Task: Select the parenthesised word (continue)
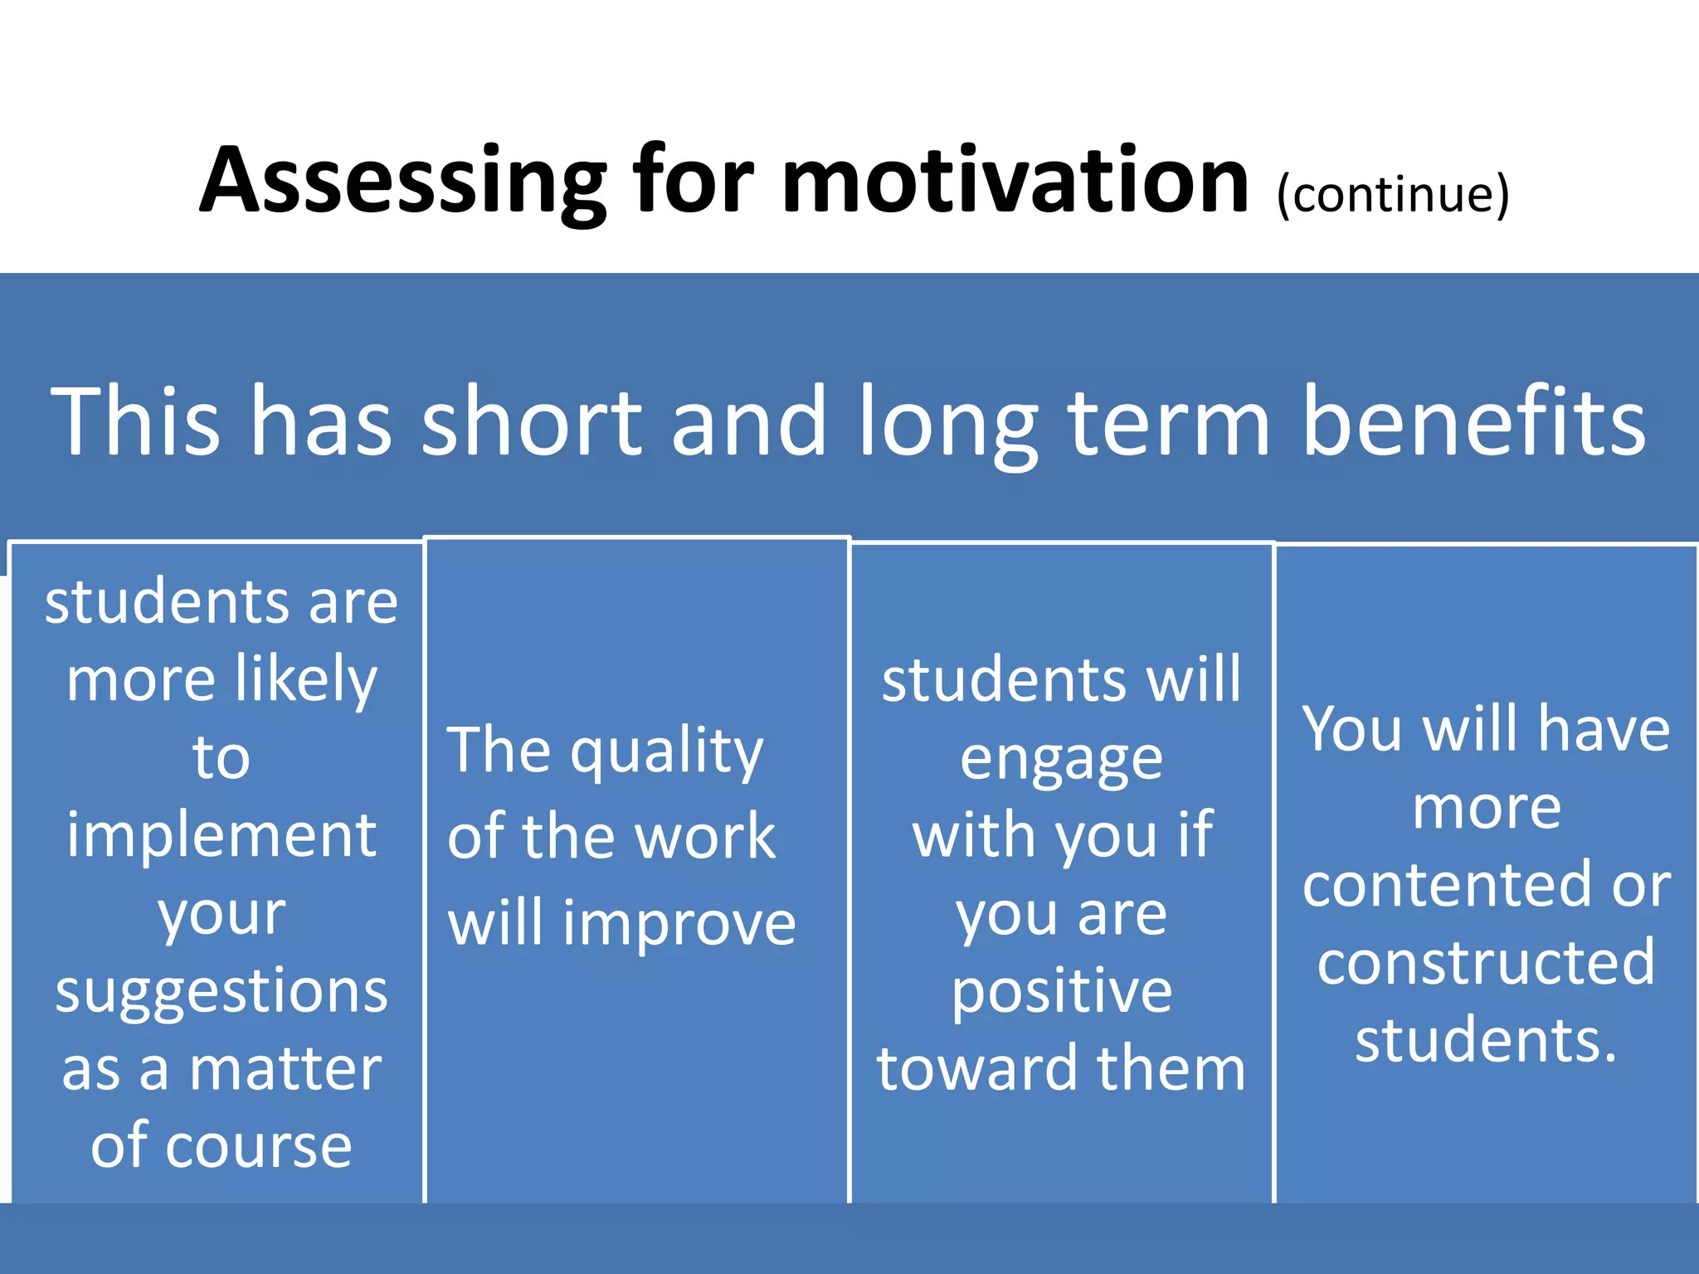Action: click(x=1393, y=194)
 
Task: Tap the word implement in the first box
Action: click(x=222, y=835)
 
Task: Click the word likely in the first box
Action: click(x=306, y=680)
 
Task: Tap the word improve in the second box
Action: click(x=679, y=924)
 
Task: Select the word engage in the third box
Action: click(x=1061, y=760)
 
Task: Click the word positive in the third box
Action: click(x=1061, y=993)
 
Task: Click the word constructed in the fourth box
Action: click(x=1486, y=962)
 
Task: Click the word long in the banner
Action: click(x=948, y=423)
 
